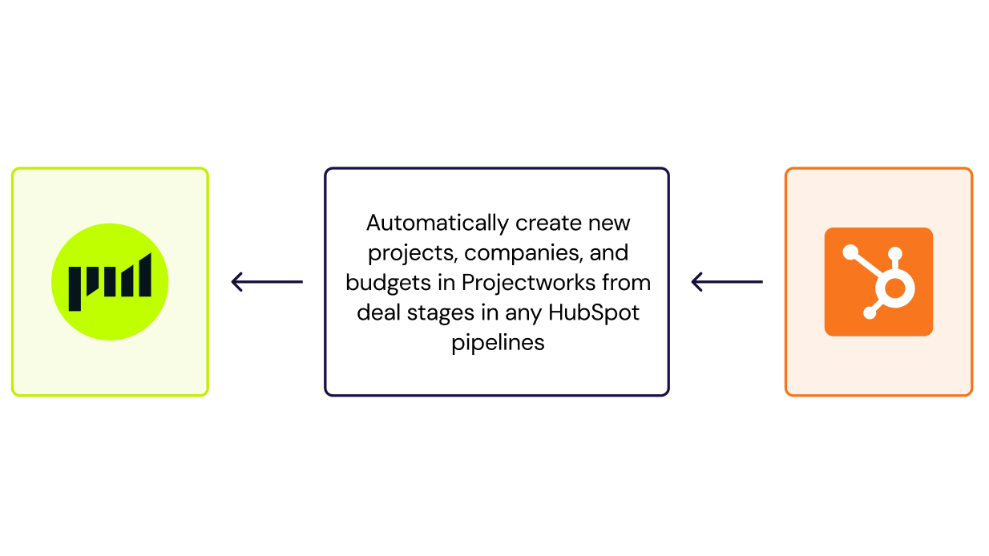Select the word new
tap(610, 223)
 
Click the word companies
tap(523, 253)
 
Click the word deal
tap(378, 312)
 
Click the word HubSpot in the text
tap(594, 312)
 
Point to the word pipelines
tap(498, 343)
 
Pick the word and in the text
tap(609, 253)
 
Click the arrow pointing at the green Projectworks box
tap(267, 282)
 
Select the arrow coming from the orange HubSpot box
tap(727, 282)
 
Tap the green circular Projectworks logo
tap(110, 282)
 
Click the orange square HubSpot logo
tap(878, 282)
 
